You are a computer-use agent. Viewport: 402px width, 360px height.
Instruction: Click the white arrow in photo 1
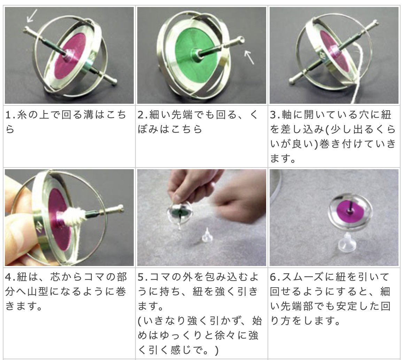[32, 16]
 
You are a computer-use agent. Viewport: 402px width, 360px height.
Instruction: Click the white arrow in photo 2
[249, 57]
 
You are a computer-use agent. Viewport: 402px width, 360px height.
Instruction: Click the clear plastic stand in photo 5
[207, 235]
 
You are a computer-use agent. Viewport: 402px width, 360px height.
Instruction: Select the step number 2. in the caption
[143, 115]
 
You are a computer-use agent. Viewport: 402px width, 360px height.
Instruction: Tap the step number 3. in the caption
[276, 115]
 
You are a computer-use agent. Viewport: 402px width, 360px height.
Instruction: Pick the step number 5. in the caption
[143, 277]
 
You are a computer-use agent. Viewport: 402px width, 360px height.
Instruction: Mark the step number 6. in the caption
[276, 277]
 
